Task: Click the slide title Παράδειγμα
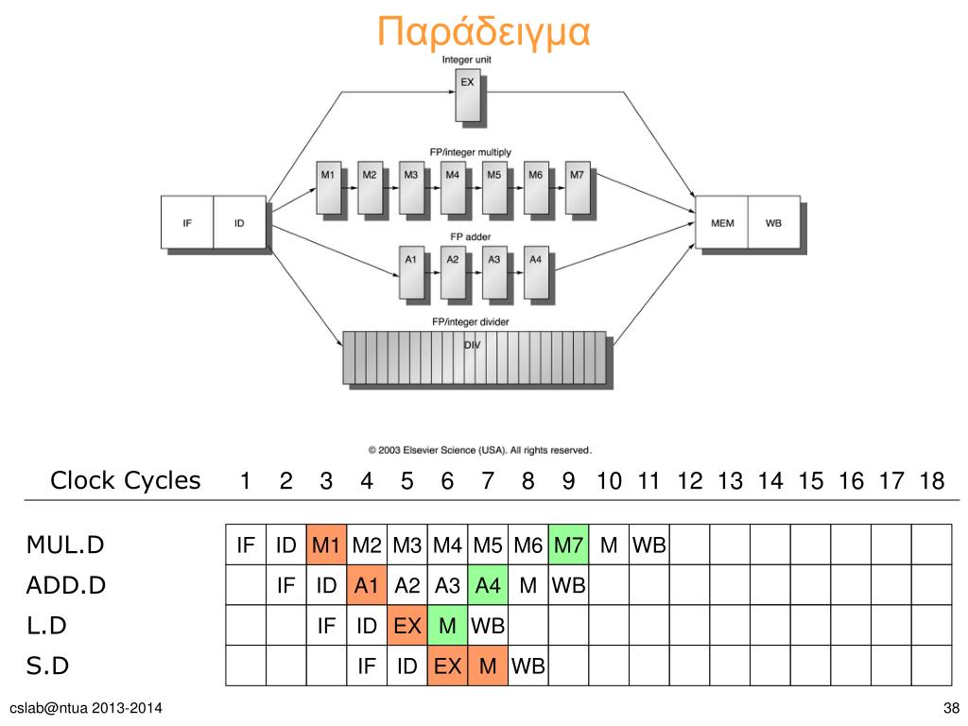coord(483,31)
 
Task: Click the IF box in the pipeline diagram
coord(187,223)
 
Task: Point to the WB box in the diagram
coord(773,223)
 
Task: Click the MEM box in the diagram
coord(721,223)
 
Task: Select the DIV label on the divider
coord(472,345)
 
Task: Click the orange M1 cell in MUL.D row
coord(326,545)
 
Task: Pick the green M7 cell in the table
coord(569,545)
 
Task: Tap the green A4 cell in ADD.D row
coord(488,586)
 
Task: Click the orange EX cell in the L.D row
coord(406,626)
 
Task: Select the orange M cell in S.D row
coord(488,666)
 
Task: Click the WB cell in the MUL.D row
coord(649,545)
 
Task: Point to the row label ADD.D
coord(65,586)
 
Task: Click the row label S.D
coord(47,666)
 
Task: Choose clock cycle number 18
coord(931,481)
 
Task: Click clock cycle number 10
coord(609,481)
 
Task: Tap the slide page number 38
coord(951,709)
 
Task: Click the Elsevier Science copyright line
coord(479,450)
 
